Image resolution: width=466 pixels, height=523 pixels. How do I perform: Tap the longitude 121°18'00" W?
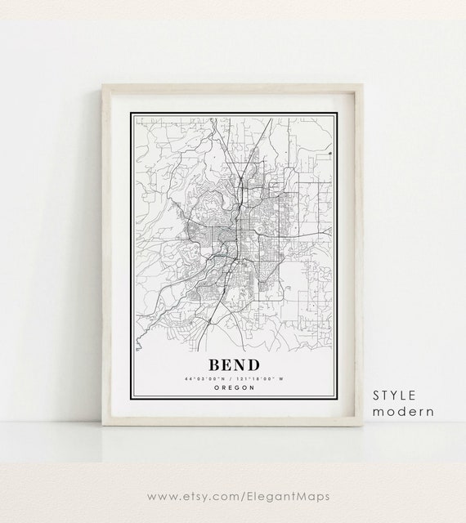point(255,378)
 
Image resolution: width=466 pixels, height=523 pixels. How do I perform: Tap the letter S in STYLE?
point(377,396)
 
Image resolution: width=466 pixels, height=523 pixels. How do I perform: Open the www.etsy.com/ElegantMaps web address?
point(232,495)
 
